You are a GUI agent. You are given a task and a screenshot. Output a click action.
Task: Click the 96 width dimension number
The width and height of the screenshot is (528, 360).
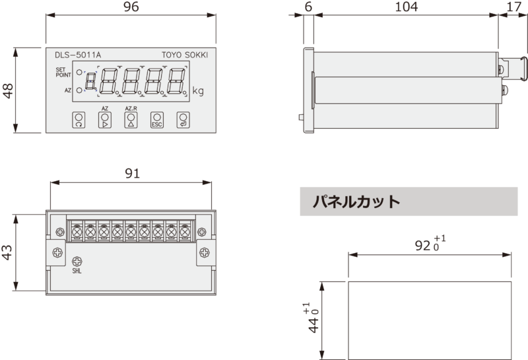[x=131, y=7]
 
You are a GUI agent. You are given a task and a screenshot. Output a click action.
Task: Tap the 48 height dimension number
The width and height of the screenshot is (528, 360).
[x=8, y=90]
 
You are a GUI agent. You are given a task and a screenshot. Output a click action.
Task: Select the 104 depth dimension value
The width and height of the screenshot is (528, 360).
[x=406, y=7]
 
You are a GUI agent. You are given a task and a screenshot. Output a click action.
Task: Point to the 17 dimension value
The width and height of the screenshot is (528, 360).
[x=514, y=7]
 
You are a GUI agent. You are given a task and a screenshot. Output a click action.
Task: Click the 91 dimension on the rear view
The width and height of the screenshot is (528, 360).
[x=132, y=173]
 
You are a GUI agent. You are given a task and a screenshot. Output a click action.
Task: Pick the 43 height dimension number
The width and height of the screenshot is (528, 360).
[x=7, y=252]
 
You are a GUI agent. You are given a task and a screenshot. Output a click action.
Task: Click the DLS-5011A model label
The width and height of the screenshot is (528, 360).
[x=78, y=55]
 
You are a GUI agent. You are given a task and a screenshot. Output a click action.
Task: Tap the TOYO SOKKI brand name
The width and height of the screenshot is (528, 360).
[x=185, y=55]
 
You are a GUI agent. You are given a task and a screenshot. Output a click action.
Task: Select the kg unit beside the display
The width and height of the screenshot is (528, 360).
[x=198, y=91]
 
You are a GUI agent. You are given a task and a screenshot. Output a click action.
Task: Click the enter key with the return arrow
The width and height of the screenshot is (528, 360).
[x=183, y=120]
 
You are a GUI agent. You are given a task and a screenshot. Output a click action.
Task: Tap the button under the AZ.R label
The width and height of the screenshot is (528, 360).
[x=131, y=120]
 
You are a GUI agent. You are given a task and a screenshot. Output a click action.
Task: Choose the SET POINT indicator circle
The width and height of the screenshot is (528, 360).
[x=79, y=73]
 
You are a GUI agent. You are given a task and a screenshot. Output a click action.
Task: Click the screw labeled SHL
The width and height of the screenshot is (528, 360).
[x=77, y=262]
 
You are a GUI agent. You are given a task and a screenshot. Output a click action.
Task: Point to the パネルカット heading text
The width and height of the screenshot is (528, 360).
[x=356, y=201]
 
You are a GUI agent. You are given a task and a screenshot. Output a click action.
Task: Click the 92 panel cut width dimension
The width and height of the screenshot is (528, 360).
[x=430, y=244]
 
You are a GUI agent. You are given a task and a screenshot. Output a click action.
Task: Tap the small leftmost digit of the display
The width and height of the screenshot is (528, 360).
[x=90, y=82]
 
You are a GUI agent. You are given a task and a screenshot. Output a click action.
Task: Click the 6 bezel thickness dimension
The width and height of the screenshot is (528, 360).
[x=308, y=7]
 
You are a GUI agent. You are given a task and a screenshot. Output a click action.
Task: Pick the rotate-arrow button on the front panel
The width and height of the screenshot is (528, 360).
[x=79, y=120]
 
